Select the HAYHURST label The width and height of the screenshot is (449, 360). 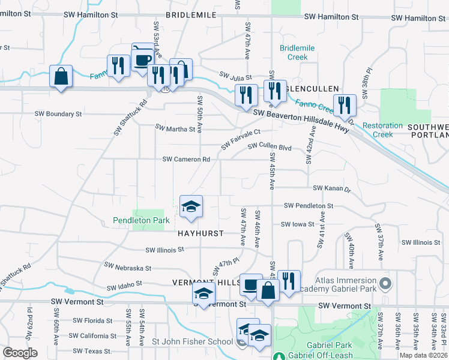click(200, 233)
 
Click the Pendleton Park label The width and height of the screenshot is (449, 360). click(141, 221)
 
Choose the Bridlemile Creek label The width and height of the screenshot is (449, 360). click(294, 52)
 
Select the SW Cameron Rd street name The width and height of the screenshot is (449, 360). click(186, 160)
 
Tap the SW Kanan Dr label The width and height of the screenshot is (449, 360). click(331, 188)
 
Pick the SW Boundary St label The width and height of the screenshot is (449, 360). click(58, 113)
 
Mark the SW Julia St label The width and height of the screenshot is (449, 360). click(235, 77)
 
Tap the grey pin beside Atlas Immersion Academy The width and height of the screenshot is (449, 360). click(385, 282)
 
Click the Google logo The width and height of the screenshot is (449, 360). click(20, 353)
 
